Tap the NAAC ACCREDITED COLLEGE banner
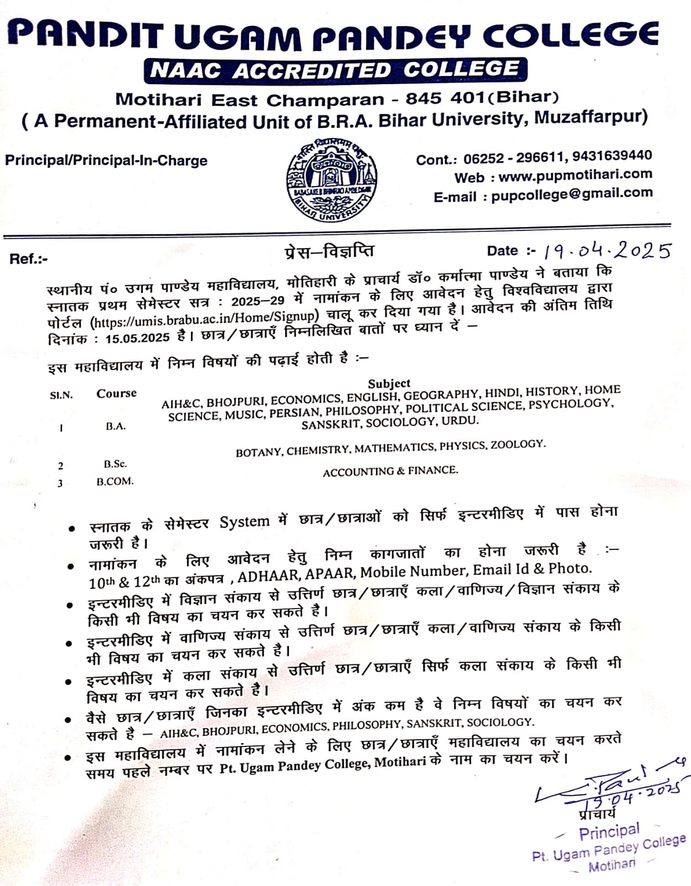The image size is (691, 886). [x=335, y=70]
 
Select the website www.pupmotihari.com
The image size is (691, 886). [x=575, y=176]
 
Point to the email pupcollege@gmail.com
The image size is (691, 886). [x=571, y=194]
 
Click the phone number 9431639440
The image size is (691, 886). [x=612, y=156]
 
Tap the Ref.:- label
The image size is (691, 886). [x=28, y=259]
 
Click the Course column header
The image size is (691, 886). [x=116, y=393]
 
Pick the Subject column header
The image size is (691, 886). [x=389, y=383]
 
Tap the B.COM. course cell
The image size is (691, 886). [x=115, y=481]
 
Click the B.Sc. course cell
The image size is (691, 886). [x=115, y=464]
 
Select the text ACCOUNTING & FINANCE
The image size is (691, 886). [x=390, y=471]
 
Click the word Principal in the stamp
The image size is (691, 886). [x=609, y=831]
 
